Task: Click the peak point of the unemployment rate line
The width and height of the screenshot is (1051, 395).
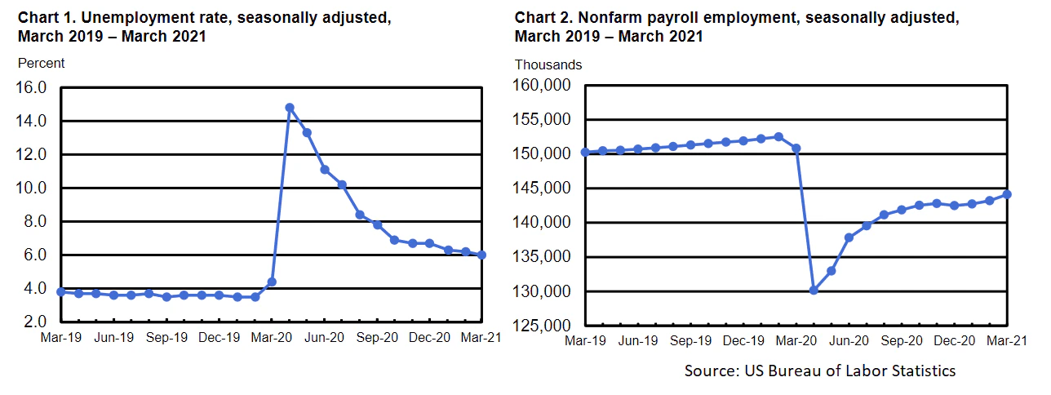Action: click(290, 107)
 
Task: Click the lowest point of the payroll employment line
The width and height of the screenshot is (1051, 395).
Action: click(814, 290)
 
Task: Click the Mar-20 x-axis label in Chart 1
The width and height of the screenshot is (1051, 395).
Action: click(273, 335)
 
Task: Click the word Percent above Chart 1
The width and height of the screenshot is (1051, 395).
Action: click(41, 63)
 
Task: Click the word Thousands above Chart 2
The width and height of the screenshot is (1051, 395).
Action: click(548, 64)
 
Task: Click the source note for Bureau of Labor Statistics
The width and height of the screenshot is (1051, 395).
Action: click(820, 371)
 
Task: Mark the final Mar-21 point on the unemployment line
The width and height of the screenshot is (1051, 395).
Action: click(482, 255)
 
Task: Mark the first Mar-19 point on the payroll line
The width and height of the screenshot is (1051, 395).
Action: click(585, 152)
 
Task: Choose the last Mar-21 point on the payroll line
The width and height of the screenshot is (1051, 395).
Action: click(1008, 194)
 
